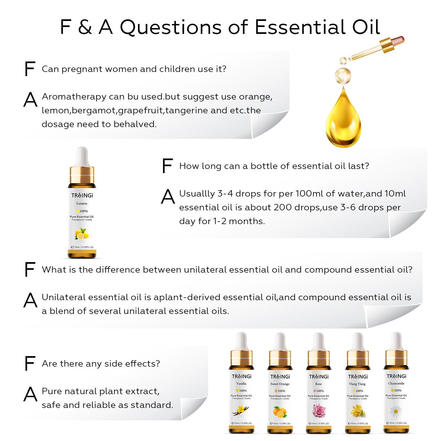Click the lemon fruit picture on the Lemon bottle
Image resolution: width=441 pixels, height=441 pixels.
coord(82,234)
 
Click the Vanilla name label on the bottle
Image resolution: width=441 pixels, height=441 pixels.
coord(241,384)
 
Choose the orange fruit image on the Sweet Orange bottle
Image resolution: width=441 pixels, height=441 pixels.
coord(280,412)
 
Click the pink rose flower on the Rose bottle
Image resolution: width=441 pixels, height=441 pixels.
coord(319,411)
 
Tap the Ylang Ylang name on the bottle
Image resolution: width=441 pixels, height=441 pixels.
coord(357,384)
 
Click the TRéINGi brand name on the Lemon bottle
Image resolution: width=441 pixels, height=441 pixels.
coord(82,195)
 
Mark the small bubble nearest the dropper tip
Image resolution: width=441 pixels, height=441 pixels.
coord(343,60)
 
